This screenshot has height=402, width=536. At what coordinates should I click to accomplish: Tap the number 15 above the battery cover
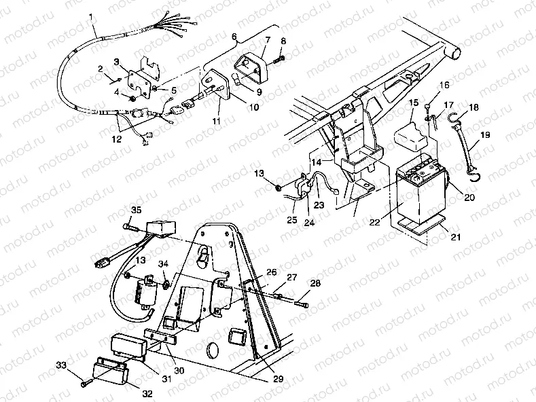(412, 102)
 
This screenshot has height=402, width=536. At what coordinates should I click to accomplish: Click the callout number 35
(136, 210)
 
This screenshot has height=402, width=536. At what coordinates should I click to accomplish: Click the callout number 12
(118, 140)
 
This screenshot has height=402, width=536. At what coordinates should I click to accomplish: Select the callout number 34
(162, 263)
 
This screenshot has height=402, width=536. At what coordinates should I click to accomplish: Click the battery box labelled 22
(419, 197)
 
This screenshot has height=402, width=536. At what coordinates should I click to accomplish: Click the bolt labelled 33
(85, 384)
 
